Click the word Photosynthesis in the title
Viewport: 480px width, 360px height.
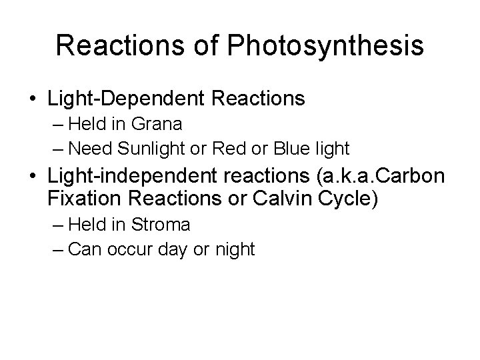(326, 45)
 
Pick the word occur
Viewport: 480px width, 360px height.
(133, 249)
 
